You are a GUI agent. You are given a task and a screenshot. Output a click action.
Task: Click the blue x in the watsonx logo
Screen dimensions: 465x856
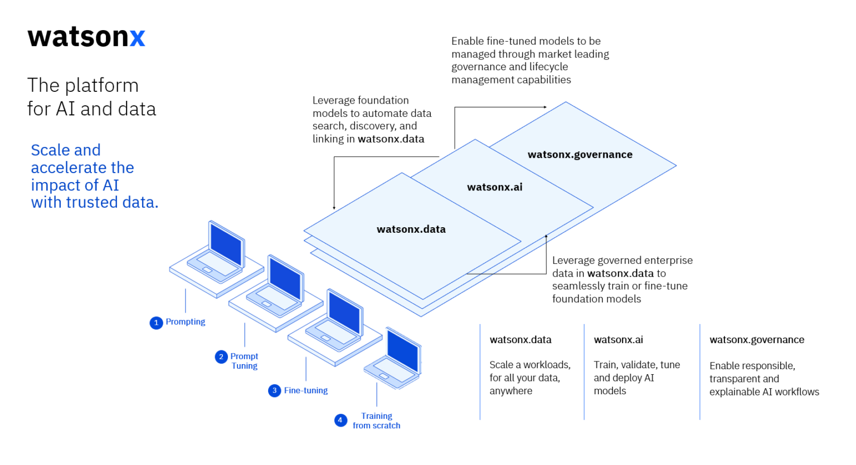click(137, 37)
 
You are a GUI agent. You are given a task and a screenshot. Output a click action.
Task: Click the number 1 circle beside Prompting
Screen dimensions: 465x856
click(156, 322)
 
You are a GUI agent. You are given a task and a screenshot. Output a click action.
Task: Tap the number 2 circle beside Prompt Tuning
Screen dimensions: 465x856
click(221, 356)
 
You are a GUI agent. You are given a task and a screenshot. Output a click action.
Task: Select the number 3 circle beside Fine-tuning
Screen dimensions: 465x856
click(274, 390)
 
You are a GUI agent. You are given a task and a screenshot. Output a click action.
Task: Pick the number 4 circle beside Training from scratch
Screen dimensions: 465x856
click(341, 420)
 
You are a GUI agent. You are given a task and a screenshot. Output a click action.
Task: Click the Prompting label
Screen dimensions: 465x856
click(186, 322)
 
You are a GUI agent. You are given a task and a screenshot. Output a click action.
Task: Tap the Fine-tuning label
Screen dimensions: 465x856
click(306, 390)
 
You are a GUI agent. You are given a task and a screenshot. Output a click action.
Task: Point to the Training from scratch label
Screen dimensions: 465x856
click(377, 420)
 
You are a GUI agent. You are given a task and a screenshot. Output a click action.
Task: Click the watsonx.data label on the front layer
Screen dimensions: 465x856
click(411, 229)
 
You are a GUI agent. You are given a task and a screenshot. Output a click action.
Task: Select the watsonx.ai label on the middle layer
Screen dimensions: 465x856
click(495, 187)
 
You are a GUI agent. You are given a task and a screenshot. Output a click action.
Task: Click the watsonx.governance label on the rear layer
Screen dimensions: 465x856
click(580, 154)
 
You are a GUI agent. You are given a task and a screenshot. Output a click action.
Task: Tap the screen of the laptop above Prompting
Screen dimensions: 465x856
click(226, 243)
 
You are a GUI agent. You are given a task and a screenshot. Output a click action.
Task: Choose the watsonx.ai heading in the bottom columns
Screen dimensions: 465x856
click(619, 340)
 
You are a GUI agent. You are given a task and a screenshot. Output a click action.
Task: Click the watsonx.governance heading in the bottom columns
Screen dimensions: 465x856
click(757, 340)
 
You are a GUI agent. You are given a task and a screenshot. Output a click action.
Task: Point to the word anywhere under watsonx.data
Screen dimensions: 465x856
click(511, 391)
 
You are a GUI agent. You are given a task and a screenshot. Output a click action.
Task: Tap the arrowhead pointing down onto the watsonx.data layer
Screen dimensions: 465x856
click(334, 207)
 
